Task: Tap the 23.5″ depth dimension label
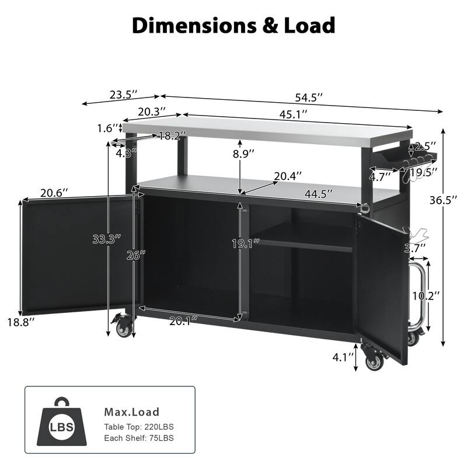(124, 93)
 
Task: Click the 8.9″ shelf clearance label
(243, 154)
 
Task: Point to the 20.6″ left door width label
(54, 192)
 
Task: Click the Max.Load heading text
(131, 412)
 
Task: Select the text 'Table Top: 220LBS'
(140, 427)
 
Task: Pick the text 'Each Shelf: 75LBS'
(139, 438)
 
